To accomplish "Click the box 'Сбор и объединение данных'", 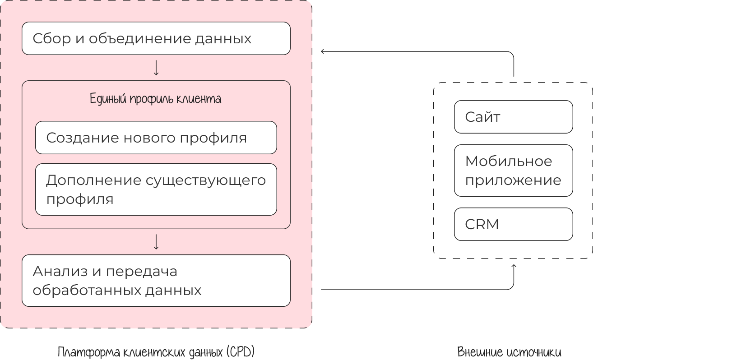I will coord(156,38).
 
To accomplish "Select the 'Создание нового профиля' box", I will coord(156,138).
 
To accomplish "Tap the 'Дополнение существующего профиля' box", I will coord(156,189).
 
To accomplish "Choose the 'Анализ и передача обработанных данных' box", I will coord(156,281).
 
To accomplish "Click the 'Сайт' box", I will coord(513,117).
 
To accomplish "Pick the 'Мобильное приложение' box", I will coord(513,171).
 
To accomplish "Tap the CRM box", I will coord(513,224).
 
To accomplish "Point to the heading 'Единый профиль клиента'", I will coord(156,99).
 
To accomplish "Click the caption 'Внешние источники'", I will coord(509,352).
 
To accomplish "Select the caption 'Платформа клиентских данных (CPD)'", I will coord(156,352).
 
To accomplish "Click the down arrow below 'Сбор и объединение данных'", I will coord(156,68).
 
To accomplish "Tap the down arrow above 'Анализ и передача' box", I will coord(156,242).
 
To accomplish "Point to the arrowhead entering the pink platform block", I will coord(323,51).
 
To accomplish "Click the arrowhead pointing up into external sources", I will coord(514,267).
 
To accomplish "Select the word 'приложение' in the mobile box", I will coord(513,180).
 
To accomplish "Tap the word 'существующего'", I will coord(206,180).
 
